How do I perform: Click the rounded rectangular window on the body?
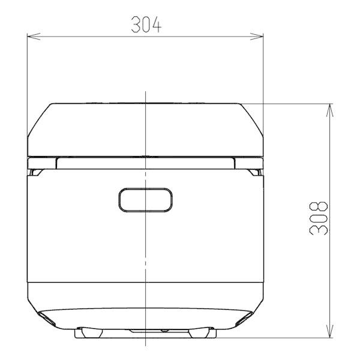[x=146, y=200]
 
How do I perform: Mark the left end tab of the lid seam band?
[x=43, y=163]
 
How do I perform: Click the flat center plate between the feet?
[x=146, y=331]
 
